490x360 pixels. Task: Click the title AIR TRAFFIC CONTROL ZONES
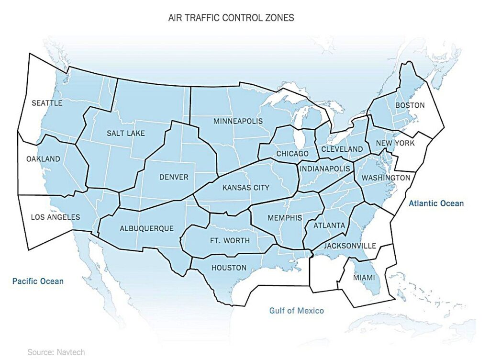[x=231, y=18]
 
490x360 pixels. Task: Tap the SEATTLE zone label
[x=47, y=103]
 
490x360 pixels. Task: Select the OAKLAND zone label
[x=44, y=159]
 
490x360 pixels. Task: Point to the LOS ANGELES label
[x=56, y=217]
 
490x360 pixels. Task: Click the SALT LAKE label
[x=126, y=133]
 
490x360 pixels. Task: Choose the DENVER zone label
[x=174, y=177]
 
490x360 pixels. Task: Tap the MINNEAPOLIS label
[x=238, y=121]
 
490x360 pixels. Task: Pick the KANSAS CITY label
[x=246, y=188]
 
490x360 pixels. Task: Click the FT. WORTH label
[x=227, y=240]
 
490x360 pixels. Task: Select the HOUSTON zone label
[x=230, y=268]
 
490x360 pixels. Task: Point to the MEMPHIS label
[x=285, y=218]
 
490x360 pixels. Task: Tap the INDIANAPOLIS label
[x=325, y=169]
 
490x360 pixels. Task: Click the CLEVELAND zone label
[x=342, y=149]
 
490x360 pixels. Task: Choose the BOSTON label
[x=410, y=105]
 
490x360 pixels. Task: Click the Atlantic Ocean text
[x=436, y=203]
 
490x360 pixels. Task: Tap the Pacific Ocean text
[x=38, y=281]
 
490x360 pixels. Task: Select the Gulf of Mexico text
[x=296, y=311]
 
